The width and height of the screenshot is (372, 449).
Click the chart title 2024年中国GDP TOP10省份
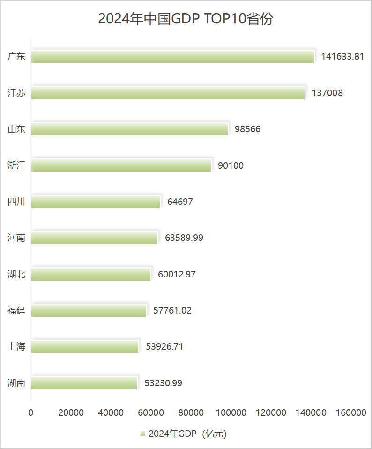click(186, 19)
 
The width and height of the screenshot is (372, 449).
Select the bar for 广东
click(173, 57)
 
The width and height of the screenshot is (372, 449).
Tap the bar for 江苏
click(168, 93)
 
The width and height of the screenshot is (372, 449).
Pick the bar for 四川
click(96, 202)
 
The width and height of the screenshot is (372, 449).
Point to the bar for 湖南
click(84, 383)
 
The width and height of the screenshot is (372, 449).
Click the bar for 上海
click(85, 347)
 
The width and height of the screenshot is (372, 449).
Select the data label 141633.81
click(342, 57)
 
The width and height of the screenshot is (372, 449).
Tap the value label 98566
click(247, 129)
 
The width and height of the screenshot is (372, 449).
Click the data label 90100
click(231, 165)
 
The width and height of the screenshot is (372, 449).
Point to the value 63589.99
click(184, 238)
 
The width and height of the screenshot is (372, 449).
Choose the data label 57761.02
click(172, 310)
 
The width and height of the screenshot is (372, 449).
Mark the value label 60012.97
click(177, 274)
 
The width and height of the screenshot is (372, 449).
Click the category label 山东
click(16, 129)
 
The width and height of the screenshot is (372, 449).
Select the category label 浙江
click(16, 165)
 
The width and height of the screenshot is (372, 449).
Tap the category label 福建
click(16, 310)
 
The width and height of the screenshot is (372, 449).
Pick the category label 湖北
click(16, 274)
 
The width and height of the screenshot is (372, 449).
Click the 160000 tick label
click(351, 413)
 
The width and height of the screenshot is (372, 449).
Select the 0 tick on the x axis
click(31, 413)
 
